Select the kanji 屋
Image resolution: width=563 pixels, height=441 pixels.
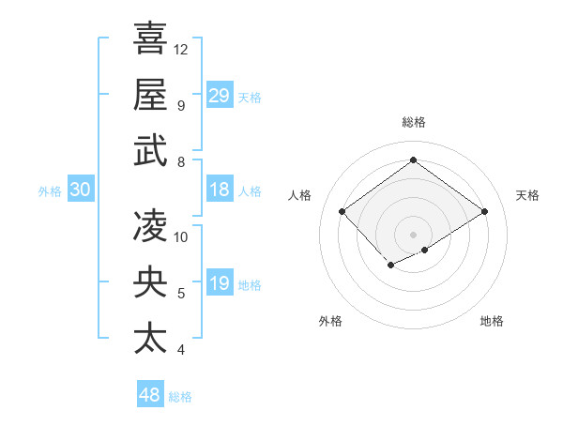point(150,94)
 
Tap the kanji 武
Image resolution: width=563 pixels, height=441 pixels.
point(150,150)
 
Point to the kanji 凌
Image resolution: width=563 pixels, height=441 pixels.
point(150,225)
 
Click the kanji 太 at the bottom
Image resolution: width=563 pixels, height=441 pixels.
point(150,338)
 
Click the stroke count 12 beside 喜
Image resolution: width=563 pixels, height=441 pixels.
point(182,49)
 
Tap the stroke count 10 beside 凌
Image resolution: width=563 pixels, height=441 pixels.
point(182,236)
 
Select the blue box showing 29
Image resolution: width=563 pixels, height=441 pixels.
point(220,95)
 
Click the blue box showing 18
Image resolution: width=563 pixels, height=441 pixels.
point(220,190)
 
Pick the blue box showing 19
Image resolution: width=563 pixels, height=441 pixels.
point(220,283)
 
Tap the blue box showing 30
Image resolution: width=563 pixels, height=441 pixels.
point(80,190)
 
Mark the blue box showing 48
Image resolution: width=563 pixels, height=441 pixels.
point(150,395)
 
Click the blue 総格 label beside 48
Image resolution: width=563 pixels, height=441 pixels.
point(180,397)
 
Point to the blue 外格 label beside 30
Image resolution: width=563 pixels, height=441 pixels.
point(50,190)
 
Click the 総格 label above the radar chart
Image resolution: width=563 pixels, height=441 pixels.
point(413,123)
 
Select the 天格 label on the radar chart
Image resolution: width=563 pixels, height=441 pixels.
point(527,195)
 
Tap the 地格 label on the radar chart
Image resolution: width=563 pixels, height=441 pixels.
point(492,321)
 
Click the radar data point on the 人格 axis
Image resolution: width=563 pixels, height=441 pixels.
point(342,212)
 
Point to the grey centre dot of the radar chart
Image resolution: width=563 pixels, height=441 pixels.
point(413,233)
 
